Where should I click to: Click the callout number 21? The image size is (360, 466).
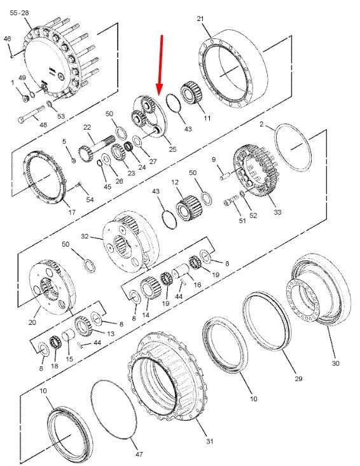[200, 18]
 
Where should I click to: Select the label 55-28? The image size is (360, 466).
[19, 13]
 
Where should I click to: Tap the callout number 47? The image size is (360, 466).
[139, 454]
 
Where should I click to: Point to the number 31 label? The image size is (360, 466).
[210, 441]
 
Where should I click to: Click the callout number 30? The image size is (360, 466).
[335, 363]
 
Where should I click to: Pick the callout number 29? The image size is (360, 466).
[298, 379]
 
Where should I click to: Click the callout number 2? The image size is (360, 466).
[261, 124]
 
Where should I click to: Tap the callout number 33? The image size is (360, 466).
[277, 212]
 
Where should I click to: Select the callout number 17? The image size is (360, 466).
[72, 212]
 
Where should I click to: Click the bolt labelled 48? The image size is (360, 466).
[31, 114]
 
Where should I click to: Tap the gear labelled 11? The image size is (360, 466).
[191, 93]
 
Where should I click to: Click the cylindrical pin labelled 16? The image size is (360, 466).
[181, 271]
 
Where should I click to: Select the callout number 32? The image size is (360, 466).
[85, 236]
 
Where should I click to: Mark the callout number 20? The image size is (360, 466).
[32, 322]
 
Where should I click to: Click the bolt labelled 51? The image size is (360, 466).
[231, 201]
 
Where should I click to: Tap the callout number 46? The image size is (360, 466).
[8, 39]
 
